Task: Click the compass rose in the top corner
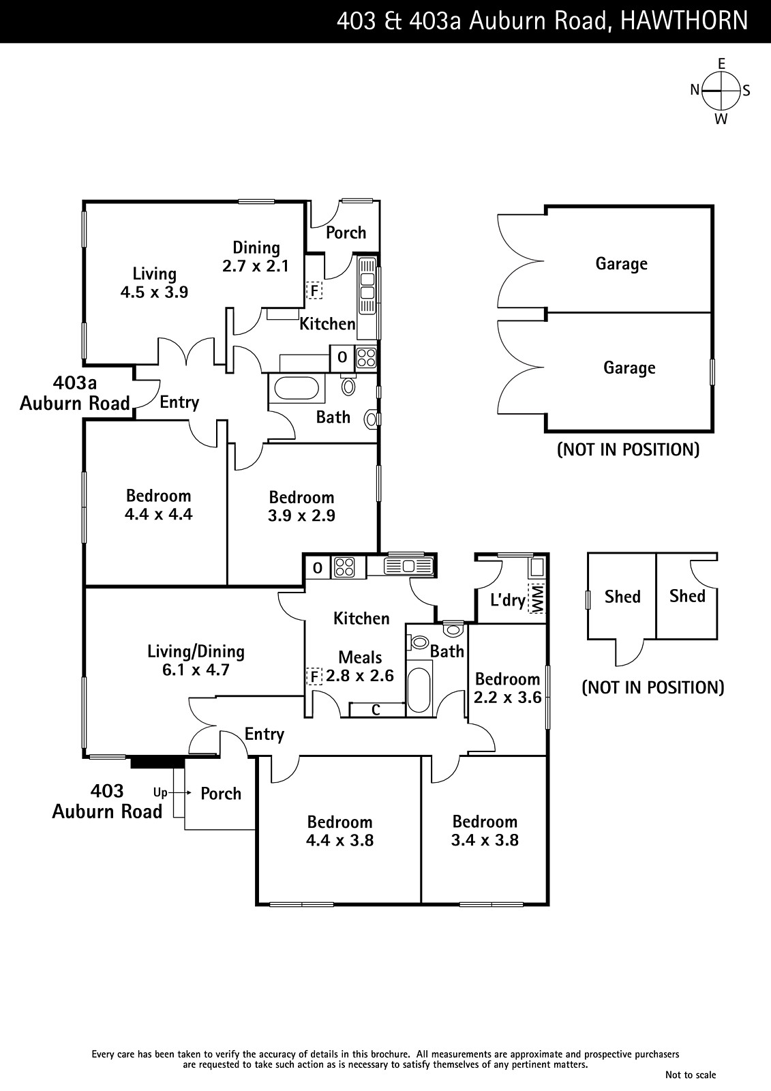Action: click(721, 91)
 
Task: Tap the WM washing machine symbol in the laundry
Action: click(537, 598)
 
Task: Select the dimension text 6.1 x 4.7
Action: click(196, 670)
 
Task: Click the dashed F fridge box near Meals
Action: click(314, 676)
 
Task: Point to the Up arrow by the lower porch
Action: click(168, 793)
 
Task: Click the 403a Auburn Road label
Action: click(74, 393)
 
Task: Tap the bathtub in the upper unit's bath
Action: click(297, 389)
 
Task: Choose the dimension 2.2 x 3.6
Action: click(508, 698)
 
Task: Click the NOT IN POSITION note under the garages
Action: click(628, 449)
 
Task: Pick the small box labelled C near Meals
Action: click(376, 710)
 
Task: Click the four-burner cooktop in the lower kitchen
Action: click(344, 567)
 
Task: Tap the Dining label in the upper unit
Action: click(256, 248)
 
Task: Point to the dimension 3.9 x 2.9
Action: click(301, 515)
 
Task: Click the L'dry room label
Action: click(508, 600)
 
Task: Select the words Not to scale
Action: click(691, 1075)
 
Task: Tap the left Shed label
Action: click(622, 597)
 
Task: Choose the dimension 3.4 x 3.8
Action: click(485, 840)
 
